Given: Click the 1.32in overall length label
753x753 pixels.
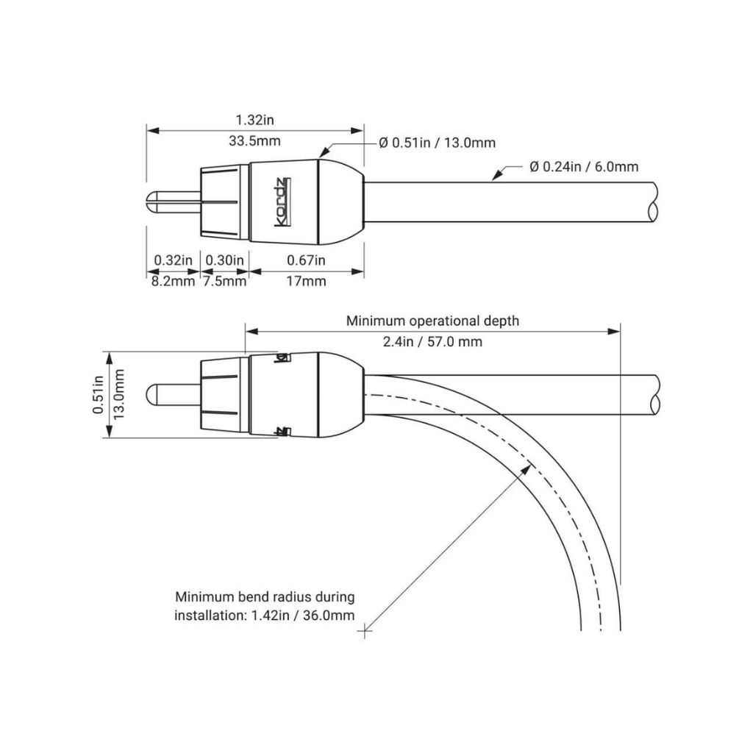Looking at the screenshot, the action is click(254, 119).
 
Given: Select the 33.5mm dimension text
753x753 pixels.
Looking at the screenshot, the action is click(254, 141).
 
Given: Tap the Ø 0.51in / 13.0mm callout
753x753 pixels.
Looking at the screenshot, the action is click(437, 143).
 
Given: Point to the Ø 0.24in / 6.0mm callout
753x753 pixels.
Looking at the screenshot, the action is click(584, 167).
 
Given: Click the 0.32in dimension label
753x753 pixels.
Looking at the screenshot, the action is click(173, 260).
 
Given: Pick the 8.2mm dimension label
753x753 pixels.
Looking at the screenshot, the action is click(173, 281).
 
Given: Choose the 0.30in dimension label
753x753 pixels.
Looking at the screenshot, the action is click(225, 260).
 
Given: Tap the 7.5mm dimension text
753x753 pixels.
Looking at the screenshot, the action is click(224, 281).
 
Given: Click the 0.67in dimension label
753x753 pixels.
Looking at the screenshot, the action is click(306, 260).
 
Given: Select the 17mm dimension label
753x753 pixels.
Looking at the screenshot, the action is click(306, 281).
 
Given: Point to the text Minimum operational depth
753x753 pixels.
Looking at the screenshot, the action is click(432, 321).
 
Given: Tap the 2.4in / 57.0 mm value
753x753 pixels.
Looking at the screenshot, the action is click(432, 342).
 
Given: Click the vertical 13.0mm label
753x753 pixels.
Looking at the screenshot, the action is click(120, 394).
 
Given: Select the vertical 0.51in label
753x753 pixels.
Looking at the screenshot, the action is click(99, 394).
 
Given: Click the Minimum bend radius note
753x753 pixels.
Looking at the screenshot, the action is click(265, 606).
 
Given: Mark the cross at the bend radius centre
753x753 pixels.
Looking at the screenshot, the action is click(365, 629).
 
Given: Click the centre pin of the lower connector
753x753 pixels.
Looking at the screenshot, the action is click(174, 394).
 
